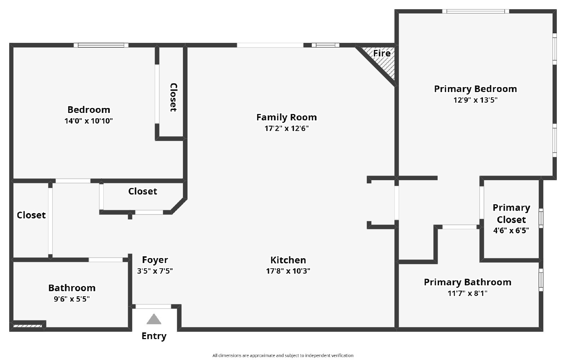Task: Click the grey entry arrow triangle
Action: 154,319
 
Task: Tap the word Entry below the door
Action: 154,336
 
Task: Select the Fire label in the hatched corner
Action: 382,53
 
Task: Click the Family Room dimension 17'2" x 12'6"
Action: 287,128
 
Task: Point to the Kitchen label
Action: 288,260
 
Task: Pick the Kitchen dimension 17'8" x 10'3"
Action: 288,271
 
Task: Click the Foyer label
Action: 155,260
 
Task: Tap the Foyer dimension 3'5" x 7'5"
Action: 155,271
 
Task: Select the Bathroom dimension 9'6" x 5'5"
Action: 72,299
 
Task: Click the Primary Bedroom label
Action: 475,89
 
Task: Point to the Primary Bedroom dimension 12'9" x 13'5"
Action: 475,100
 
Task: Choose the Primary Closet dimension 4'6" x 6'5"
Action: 511,230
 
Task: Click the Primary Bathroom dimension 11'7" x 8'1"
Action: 467,293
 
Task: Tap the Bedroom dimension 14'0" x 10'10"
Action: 88,121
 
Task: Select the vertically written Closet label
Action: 173,97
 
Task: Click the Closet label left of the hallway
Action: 31,215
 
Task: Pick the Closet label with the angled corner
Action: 143,192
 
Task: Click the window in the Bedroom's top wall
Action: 101,45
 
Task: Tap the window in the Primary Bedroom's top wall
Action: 475,11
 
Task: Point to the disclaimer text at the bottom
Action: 283,355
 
